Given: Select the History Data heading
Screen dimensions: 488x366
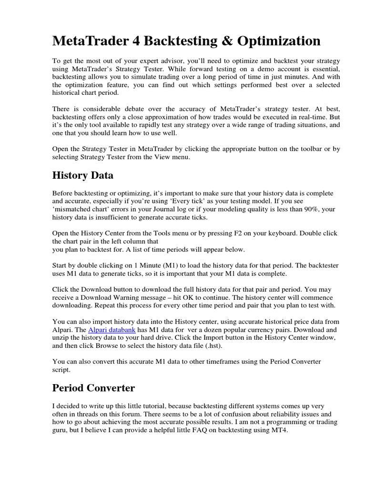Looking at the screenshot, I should click(82, 175).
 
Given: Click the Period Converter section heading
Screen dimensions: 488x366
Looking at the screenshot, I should click(93, 388).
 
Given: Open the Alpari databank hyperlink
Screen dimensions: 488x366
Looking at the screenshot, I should click(112, 330).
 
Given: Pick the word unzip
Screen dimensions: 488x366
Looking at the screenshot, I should click(61, 338).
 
